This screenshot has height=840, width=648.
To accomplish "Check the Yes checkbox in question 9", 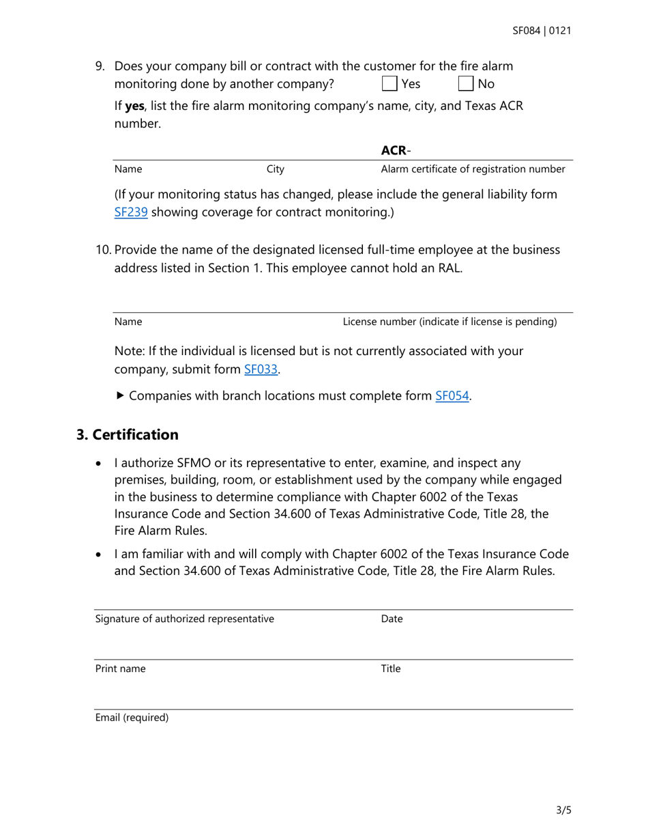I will click(x=389, y=84).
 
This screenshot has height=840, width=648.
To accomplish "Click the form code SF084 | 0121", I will click(x=542, y=31).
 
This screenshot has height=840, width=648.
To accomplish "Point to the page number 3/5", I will click(x=563, y=811).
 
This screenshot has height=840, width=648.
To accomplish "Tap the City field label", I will click(x=276, y=169).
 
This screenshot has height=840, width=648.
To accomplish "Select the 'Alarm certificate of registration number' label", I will click(x=473, y=169).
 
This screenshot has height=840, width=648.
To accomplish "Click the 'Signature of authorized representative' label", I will click(x=185, y=619).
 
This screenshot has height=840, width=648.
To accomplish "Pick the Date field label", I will click(x=392, y=619).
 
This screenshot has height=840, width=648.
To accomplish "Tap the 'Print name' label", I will click(x=120, y=669).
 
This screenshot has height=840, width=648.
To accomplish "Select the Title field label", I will click(x=390, y=669).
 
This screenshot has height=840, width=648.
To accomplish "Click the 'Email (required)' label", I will click(x=132, y=718).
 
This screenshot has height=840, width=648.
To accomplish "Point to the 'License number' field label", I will click(x=450, y=321).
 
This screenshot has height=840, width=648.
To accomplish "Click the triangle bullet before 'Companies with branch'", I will click(x=120, y=395).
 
